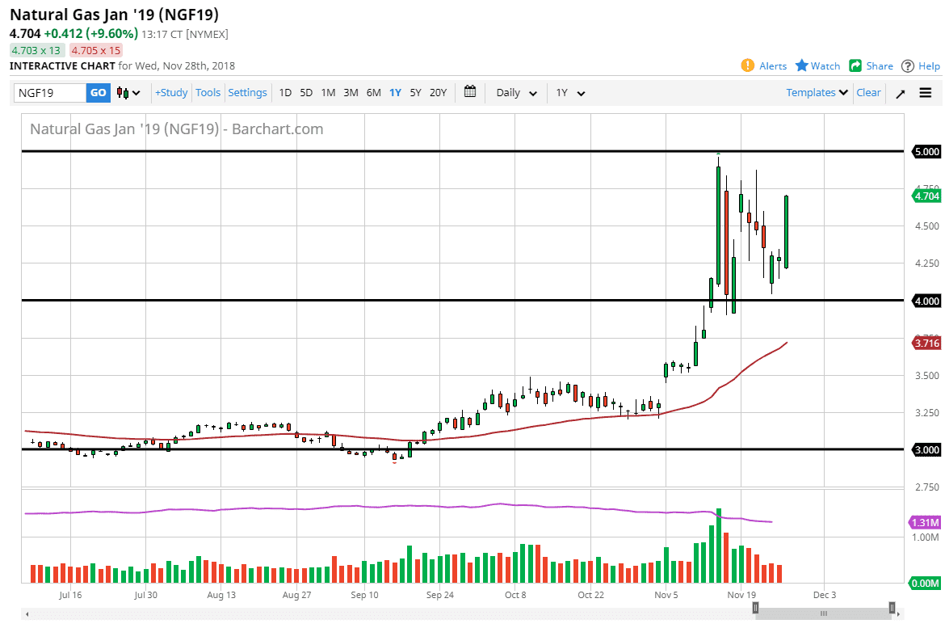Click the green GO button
(x=98, y=93)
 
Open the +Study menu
(x=171, y=93)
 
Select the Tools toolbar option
(x=208, y=93)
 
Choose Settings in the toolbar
(x=247, y=93)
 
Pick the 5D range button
(x=306, y=93)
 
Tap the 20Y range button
(x=438, y=93)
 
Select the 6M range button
(x=373, y=93)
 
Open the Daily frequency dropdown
(x=516, y=93)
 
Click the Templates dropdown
(x=817, y=93)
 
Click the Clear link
(x=868, y=93)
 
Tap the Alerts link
(x=764, y=66)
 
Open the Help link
(x=921, y=66)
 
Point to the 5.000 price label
(x=926, y=152)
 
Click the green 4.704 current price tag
(x=926, y=196)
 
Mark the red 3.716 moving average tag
(x=926, y=344)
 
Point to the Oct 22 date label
(x=591, y=595)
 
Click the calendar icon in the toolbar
(x=471, y=92)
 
